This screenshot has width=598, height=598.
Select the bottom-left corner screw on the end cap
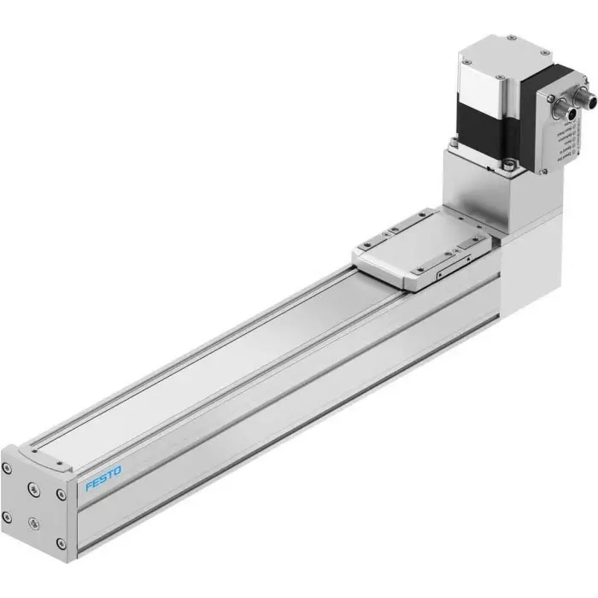pos(8,516)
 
